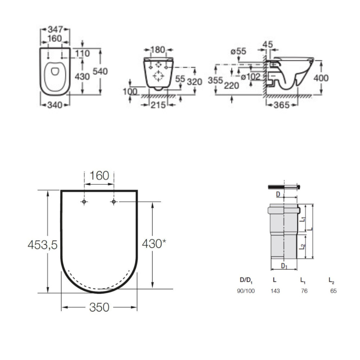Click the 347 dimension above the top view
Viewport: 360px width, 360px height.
55,30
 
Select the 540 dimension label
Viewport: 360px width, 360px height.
100,71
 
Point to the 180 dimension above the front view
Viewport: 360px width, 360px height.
158,50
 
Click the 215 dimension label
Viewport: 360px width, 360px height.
158,105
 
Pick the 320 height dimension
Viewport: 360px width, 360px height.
194,81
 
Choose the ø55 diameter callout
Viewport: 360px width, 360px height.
238,51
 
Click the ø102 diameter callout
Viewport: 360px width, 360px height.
250,77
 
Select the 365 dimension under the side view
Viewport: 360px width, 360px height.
282,105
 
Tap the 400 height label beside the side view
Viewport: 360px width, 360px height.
321,78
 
